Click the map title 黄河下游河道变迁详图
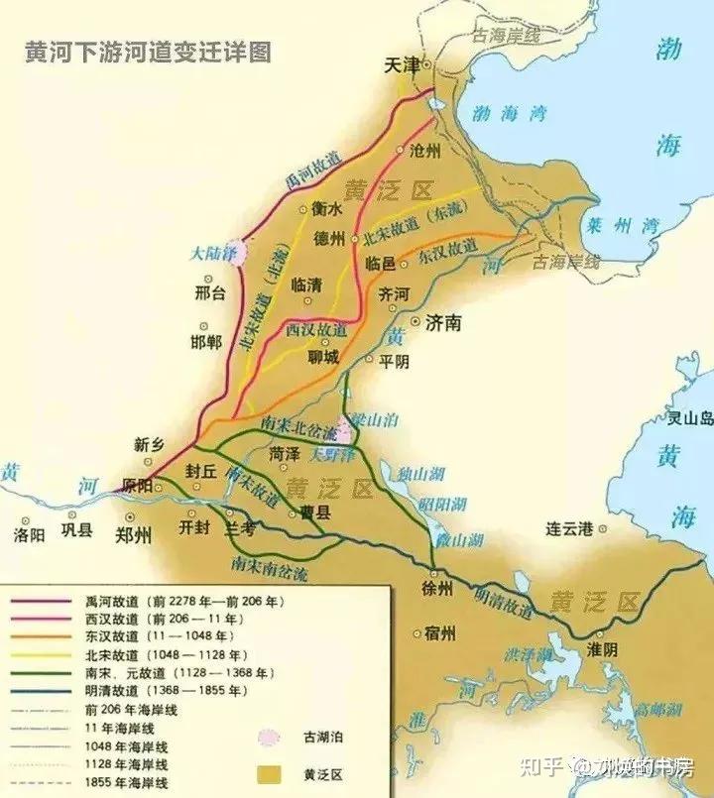click(x=149, y=52)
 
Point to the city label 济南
click(x=441, y=323)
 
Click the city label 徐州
click(x=436, y=588)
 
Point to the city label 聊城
click(x=323, y=355)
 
